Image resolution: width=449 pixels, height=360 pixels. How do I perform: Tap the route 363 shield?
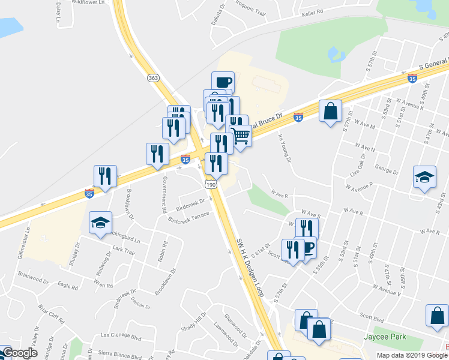[154, 77]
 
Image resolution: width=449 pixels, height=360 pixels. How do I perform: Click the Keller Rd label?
[312, 11]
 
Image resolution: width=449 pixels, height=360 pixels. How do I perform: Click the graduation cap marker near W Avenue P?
[424, 177]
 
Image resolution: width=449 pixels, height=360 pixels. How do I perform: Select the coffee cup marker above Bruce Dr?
[223, 82]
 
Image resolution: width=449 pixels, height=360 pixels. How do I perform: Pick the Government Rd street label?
[163, 195]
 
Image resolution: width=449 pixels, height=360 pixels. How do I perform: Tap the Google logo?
[20, 353]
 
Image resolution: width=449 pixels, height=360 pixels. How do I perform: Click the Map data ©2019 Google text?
[412, 355]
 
